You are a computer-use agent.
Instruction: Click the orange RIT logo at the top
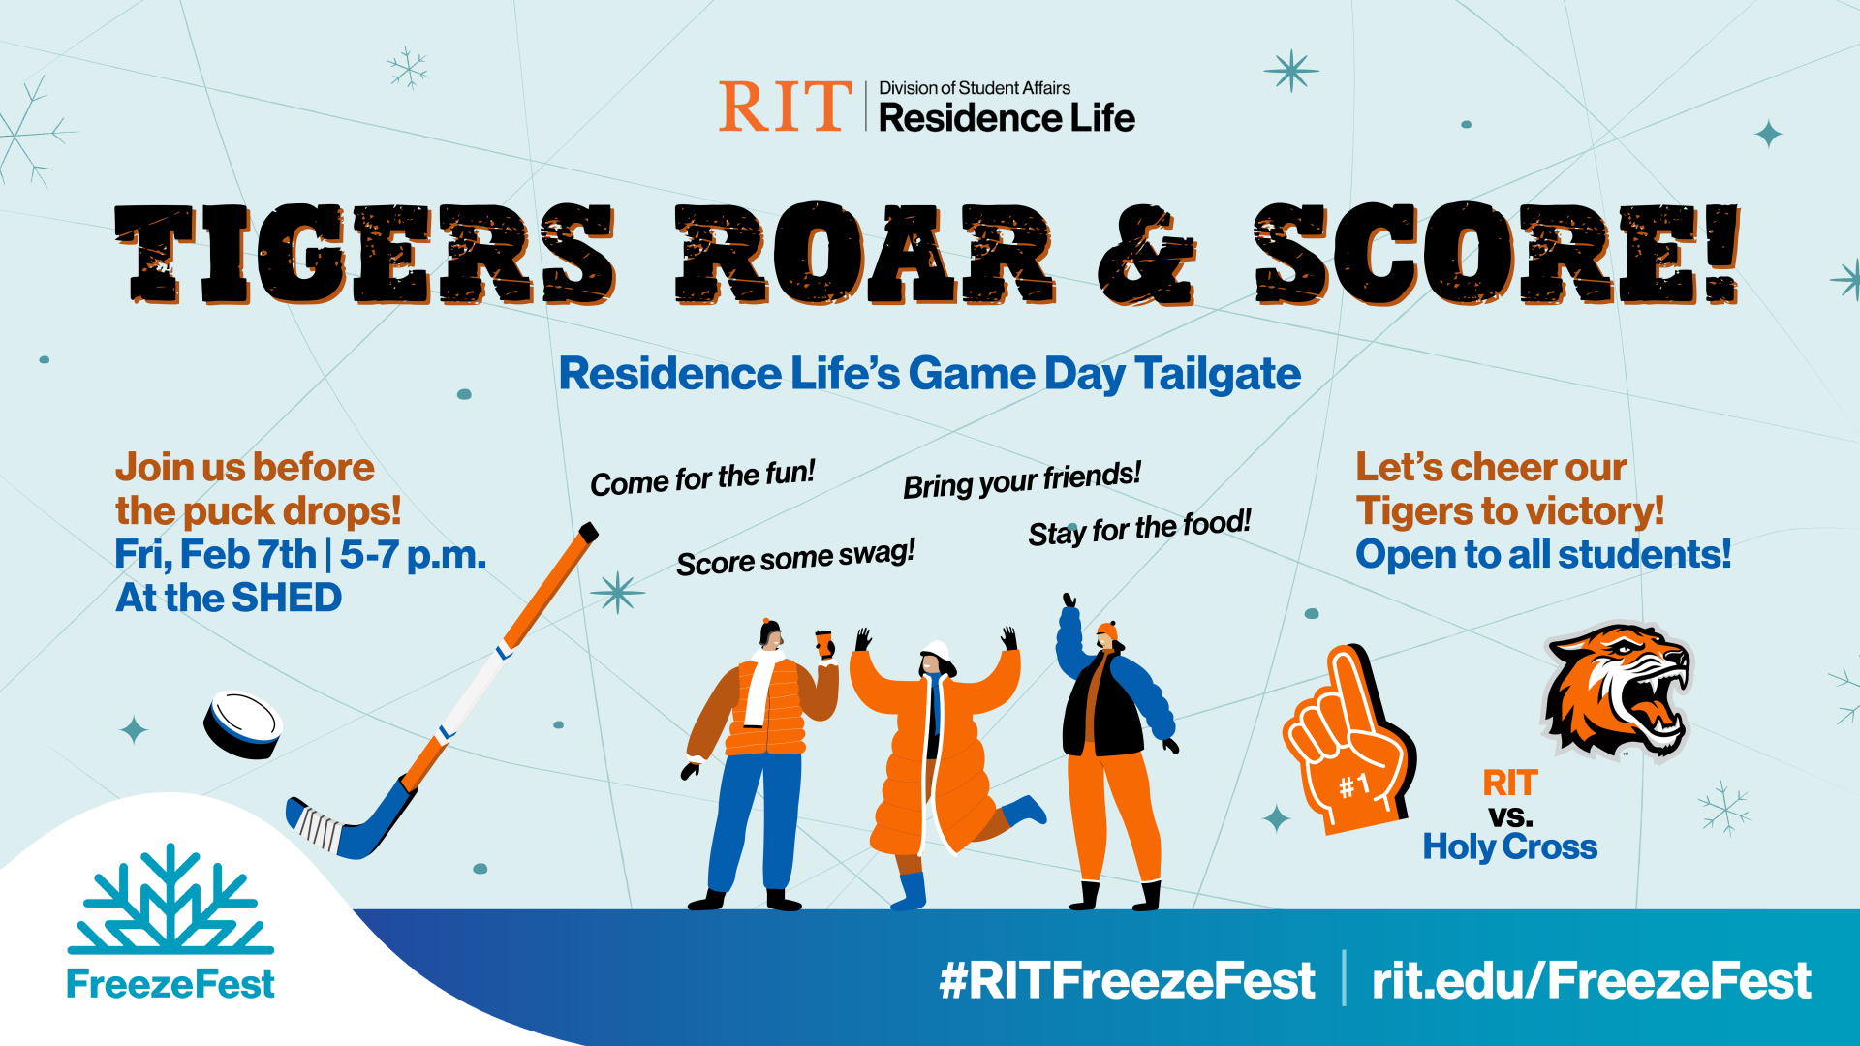pyautogui.click(x=783, y=107)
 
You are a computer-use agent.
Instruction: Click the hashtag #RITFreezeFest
pyautogui.click(x=1127, y=980)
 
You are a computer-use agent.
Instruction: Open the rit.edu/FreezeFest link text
pyautogui.click(x=1591, y=980)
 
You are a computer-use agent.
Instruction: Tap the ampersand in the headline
pyautogui.click(x=1147, y=256)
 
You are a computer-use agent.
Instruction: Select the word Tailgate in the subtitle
pyautogui.click(x=1217, y=375)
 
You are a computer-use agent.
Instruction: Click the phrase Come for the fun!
pyautogui.click(x=702, y=477)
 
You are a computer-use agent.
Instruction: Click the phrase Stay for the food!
pyautogui.click(x=1139, y=529)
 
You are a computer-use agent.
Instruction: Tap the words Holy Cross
pyautogui.click(x=1509, y=847)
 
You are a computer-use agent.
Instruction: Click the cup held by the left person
pyautogui.click(x=823, y=642)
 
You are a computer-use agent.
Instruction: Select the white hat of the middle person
pyautogui.click(x=937, y=650)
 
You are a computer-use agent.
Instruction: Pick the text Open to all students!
pyautogui.click(x=1542, y=555)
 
